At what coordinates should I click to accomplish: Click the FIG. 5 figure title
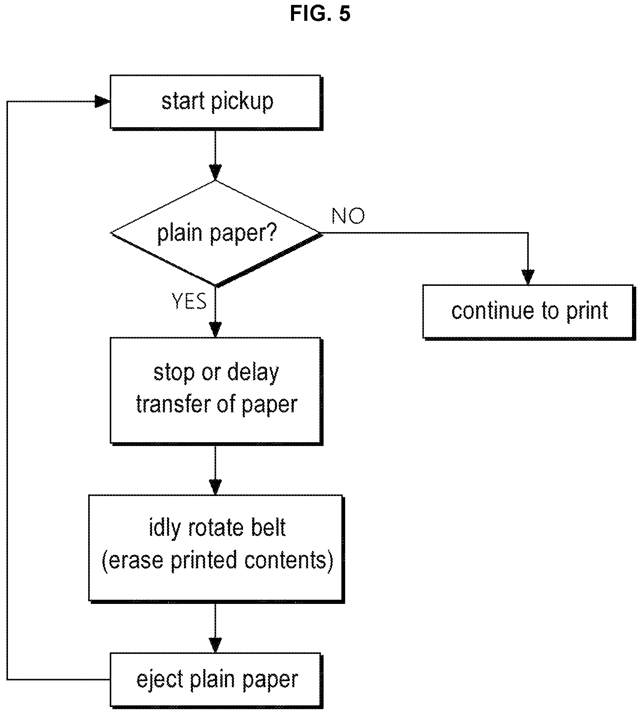tap(320, 14)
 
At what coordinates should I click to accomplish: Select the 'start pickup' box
tap(216, 102)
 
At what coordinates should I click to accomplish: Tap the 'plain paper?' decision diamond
tap(216, 233)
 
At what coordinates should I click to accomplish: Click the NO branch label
tap(348, 216)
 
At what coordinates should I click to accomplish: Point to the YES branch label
tap(189, 301)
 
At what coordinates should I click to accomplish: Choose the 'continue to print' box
tap(529, 312)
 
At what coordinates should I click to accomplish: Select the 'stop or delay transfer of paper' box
tap(216, 391)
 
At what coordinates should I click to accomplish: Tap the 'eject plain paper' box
tap(216, 680)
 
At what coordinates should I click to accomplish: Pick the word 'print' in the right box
tap(587, 311)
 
